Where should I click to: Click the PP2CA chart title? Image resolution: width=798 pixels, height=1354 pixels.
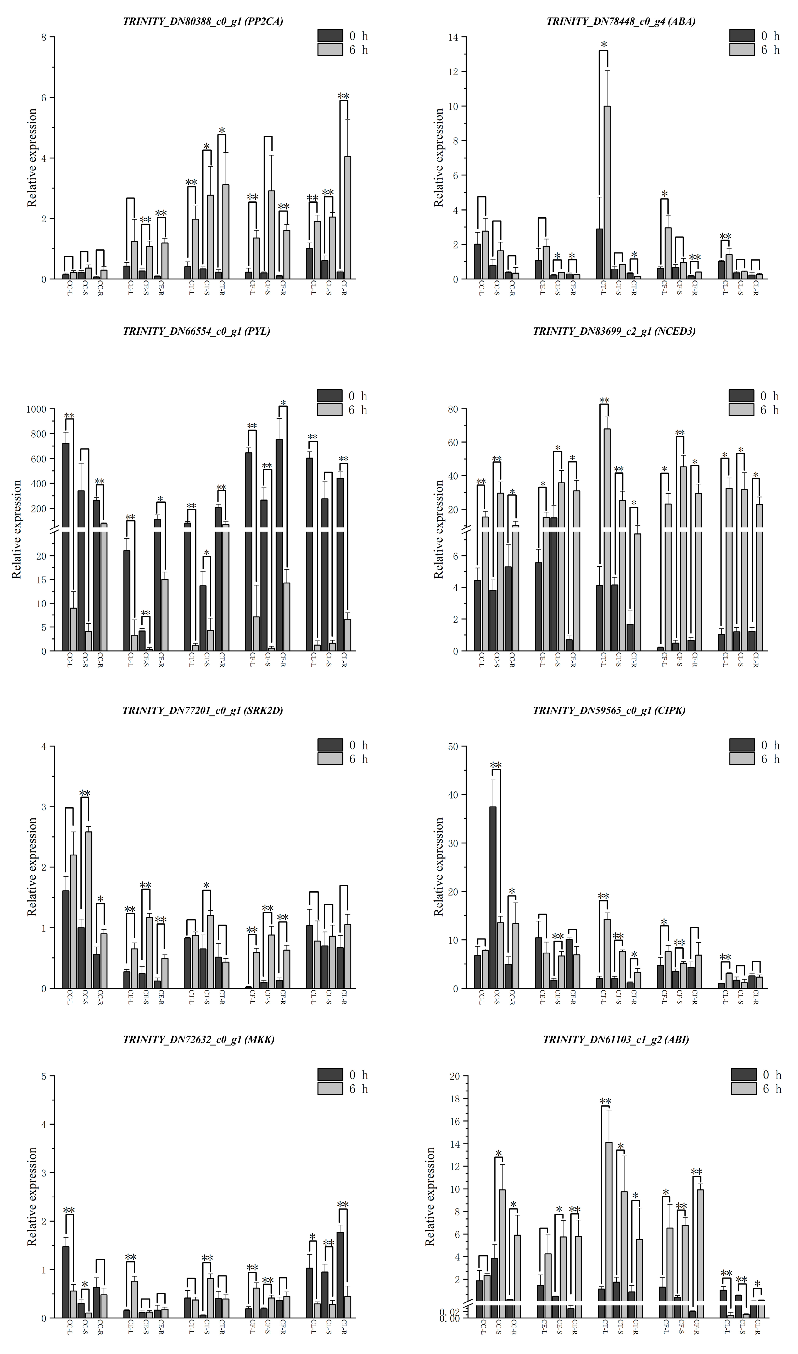pyautogui.click(x=203, y=21)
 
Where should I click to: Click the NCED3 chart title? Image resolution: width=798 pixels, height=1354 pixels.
pyautogui.click(x=614, y=331)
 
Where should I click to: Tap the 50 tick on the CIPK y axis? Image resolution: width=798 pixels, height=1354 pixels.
pyautogui.click(x=455, y=747)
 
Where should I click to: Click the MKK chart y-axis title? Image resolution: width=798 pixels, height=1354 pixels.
pyautogui.click(x=32, y=1210)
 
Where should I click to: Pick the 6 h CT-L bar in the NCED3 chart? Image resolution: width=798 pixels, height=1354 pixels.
pyautogui.click(x=607, y=540)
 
